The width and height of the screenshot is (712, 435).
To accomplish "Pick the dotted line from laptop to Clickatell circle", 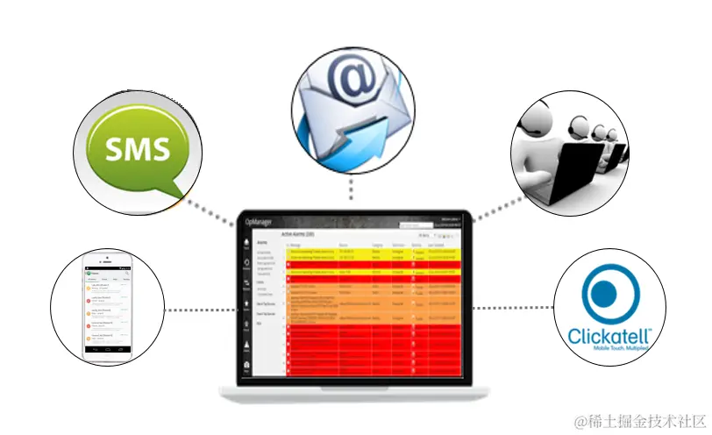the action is point(513,309).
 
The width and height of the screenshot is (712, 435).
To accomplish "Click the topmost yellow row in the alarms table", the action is point(373,252).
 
